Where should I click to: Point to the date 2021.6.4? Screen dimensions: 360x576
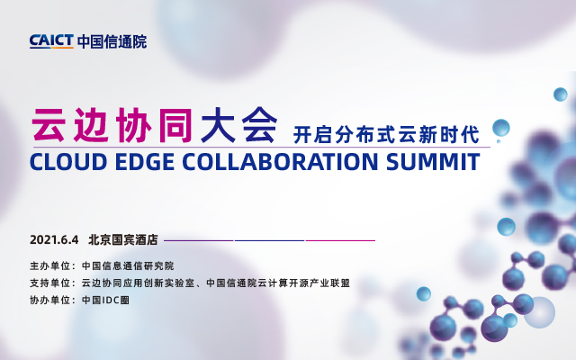[x=55, y=240]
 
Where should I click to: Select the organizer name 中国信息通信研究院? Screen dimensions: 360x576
[x=127, y=266]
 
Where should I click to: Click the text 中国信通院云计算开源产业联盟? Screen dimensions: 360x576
[x=277, y=283]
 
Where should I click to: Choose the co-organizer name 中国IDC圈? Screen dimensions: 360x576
[x=105, y=299]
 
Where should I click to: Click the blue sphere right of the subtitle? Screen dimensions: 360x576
[x=501, y=127]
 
